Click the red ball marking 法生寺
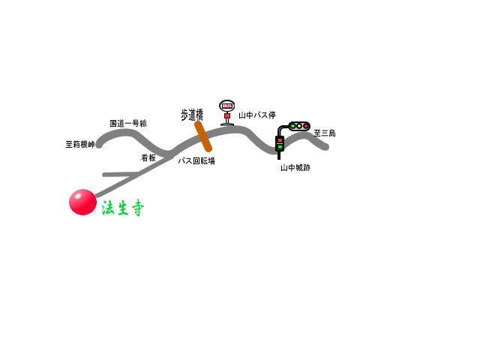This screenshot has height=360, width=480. click(x=82, y=202)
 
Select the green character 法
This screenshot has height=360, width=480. click(x=108, y=208)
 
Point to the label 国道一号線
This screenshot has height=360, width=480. click(x=128, y=123)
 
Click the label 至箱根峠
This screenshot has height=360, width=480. click(x=80, y=144)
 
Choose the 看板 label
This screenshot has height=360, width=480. click(x=148, y=157)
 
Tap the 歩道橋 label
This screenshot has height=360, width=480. click(x=192, y=115)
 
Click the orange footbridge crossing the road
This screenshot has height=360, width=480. click(x=203, y=136)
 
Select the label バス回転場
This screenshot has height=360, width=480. click(x=196, y=160)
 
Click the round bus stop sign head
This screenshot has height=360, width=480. click(x=226, y=106)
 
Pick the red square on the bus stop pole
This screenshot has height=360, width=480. click(x=226, y=116)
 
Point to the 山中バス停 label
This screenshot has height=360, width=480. click(x=257, y=115)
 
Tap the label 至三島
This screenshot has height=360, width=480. click(x=325, y=133)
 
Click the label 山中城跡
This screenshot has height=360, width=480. click(x=295, y=168)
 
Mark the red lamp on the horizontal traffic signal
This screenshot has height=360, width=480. click(x=305, y=126)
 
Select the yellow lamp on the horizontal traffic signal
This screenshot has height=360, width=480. click(x=299, y=126)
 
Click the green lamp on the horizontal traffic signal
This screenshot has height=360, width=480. click(x=292, y=126)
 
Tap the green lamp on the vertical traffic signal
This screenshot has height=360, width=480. click(x=280, y=147)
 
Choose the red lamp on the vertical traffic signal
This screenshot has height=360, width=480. click(x=280, y=140)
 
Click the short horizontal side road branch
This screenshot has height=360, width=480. click(x=120, y=175)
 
